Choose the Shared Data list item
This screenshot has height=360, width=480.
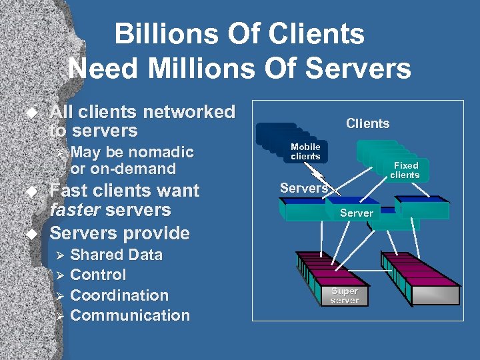116,255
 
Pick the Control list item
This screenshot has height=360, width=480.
98,275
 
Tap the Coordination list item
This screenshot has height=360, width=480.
119,295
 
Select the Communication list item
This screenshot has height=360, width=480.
130,315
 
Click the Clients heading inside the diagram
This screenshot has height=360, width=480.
367,123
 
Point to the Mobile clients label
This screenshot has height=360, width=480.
305,151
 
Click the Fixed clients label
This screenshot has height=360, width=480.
405,170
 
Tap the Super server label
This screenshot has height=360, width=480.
345,296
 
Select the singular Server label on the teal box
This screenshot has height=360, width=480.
357,213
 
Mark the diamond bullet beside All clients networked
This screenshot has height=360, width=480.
29,113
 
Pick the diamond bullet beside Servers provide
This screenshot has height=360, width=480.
29,234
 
